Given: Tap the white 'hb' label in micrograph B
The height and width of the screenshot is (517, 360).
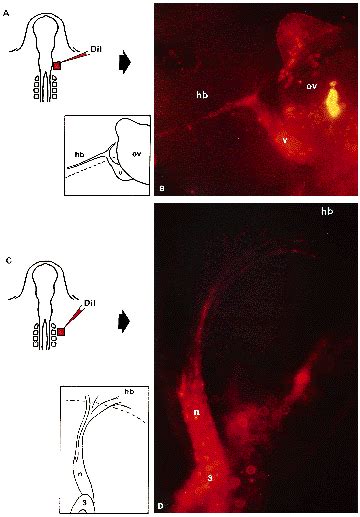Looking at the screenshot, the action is (x=202, y=97).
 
